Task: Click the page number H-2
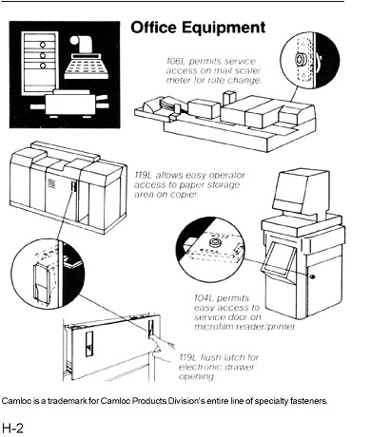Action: pyautogui.click(x=12, y=427)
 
